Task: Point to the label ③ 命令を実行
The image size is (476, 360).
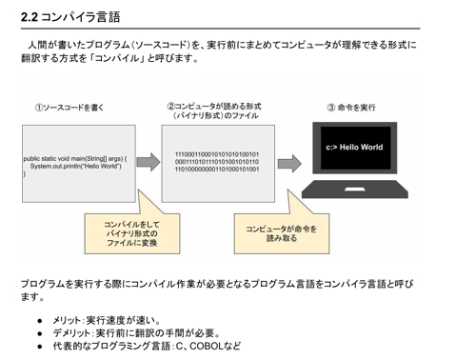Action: tap(352, 108)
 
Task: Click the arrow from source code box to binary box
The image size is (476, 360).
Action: tap(149, 161)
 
